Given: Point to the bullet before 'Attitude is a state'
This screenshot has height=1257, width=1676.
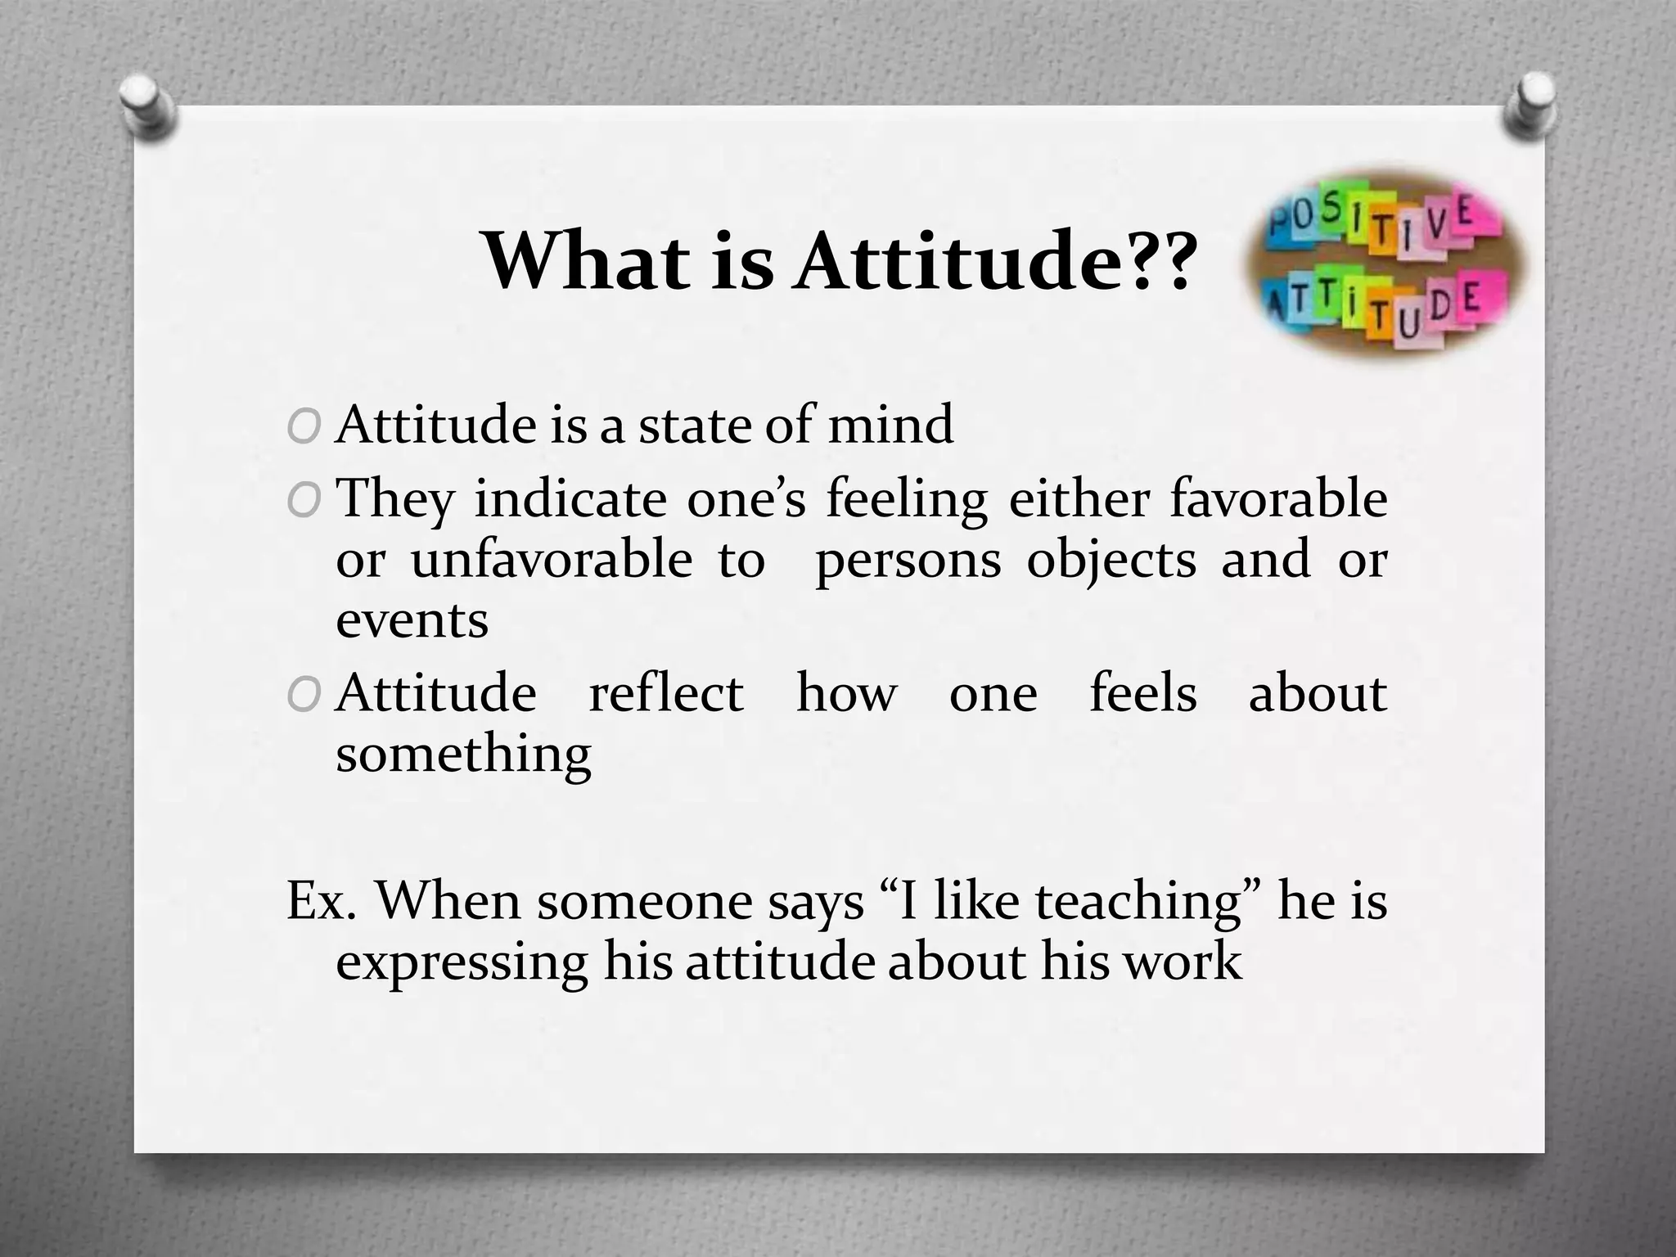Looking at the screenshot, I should click(x=303, y=426).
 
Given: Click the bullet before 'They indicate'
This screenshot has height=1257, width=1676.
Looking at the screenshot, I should click(x=303, y=500).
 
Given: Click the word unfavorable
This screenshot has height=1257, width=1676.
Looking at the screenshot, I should click(x=552, y=560).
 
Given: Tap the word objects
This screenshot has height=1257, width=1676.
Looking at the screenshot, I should click(x=1111, y=561).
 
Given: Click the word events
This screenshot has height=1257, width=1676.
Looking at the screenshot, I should click(x=412, y=620).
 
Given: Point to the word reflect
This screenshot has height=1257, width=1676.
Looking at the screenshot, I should click(x=666, y=693).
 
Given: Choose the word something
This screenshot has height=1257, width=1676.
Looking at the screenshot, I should click(x=463, y=755).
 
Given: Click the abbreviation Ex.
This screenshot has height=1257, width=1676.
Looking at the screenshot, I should click(x=320, y=901).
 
